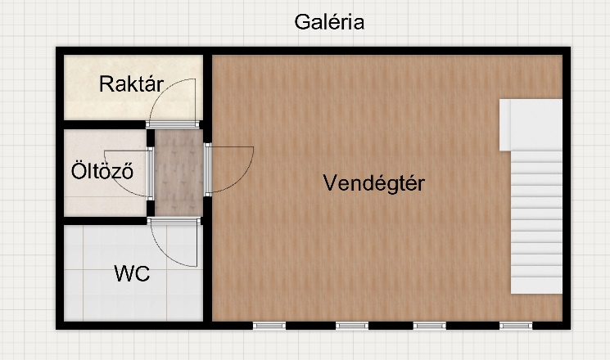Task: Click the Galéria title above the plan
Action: (x=329, y=22)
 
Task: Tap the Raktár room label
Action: (x=131, y=84)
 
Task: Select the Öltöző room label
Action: (x=102, y=171)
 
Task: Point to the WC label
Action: (x=132, y=274)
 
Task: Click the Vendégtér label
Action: (x=374, y=182)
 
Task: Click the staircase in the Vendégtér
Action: (x=536, y=222)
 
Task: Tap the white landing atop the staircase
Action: (x=531, y=125)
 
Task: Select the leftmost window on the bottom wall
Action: (x=269, y=326)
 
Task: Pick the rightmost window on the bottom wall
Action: (x=516, y=326)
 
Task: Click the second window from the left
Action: (x=352, y=326)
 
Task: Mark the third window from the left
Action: (x=430, y=326)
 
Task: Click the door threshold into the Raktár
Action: (x=173, y=124)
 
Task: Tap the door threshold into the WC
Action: (x=174, y=221)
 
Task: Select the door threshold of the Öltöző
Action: (x=150, y=173)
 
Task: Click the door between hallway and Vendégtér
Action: (x=208, y=169)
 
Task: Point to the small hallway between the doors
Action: (x=179, y=173)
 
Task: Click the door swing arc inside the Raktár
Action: (x=165, y=88)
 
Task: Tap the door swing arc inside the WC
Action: (x=167, y=254)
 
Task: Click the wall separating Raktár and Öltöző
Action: (x=104, y=124)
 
